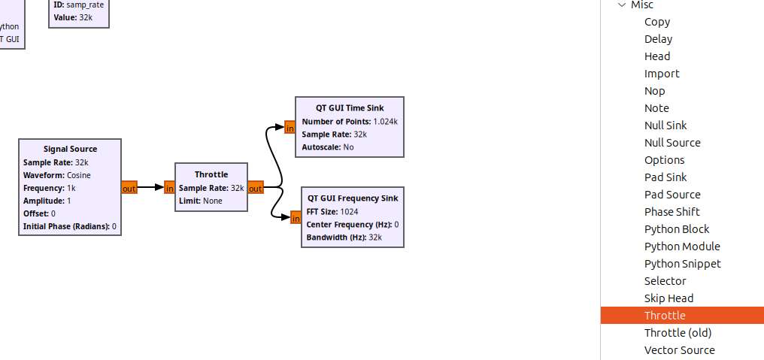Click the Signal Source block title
[70, 149]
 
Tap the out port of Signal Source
[129, 188]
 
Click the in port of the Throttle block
[169, 188]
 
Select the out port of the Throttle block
[256, 188]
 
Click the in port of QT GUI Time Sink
[290, 127]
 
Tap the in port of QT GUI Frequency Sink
[296, 218]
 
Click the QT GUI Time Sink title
[350, 108]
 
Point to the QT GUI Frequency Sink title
[353, 198]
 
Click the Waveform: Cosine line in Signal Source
[57, 175]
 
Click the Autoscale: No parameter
[328, 147]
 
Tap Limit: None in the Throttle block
[201, 201]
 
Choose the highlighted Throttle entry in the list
[665, 315]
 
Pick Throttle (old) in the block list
[678, 333]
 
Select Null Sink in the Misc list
[665, 126]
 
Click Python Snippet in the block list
[683, 264]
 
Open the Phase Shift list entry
[672, 212]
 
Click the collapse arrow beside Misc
[621, 5]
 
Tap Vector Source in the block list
[680, 349]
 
